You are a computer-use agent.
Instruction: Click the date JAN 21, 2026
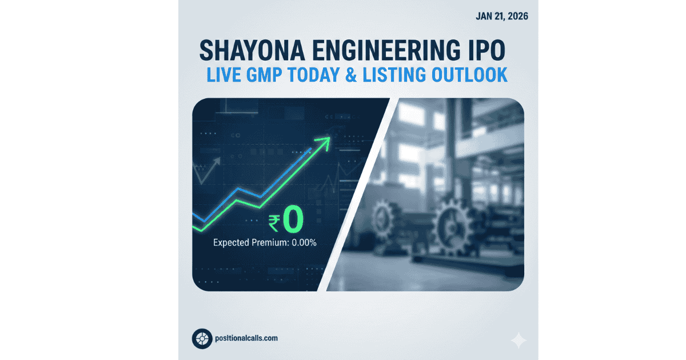click(x=501, y=15)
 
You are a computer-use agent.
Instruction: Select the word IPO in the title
click(x=486, y=51)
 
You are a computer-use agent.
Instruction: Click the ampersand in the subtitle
click(x=368, y=75)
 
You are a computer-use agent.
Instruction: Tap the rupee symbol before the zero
click(x=275, y=223)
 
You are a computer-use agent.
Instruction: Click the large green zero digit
click(x=292, y=222)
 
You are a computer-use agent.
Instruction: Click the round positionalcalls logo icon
click(x=202, y=338)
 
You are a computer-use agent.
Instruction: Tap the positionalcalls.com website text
click(x=247, y=338)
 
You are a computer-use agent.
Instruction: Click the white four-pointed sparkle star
click(x=519, y=341)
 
